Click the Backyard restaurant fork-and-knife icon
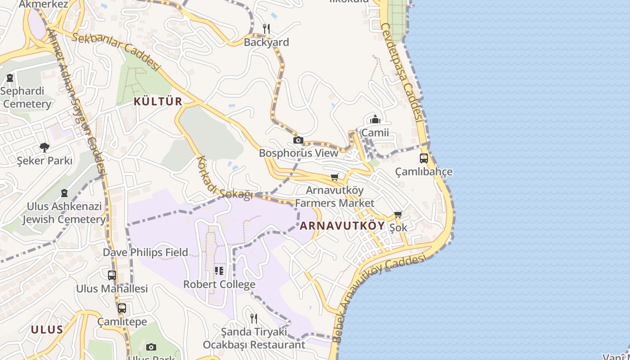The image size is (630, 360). [x=266, y=29]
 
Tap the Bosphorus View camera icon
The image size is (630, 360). [x=298, y=140]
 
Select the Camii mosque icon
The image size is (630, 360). [x=375, y=120]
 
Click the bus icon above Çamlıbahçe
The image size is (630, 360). [x=424, y=158]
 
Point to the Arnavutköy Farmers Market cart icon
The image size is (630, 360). [x=334, y=177]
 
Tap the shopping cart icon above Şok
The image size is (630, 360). [x=398, y=215]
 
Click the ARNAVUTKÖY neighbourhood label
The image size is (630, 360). [x=342, y=226]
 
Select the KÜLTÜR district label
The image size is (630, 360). [x=158, y=102]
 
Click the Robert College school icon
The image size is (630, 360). [x=219, y=271]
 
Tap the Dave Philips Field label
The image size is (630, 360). [x=145, y=252]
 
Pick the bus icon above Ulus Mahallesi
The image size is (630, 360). [x=112, y=275]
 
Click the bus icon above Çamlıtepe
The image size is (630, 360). [x=122, y=308]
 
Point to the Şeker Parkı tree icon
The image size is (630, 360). [x=44, y=147]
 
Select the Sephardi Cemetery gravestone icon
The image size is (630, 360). [x=10, y=78]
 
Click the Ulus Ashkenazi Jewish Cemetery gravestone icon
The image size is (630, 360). [x=64, y=193]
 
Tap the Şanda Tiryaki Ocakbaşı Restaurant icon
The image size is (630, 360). [x=254, y=319]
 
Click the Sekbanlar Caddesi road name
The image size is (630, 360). [x=116, y=50]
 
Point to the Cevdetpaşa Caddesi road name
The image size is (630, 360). [x=402, y=72]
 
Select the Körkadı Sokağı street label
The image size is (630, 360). [x=224, y=180]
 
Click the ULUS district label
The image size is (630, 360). [x=47, y=330]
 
